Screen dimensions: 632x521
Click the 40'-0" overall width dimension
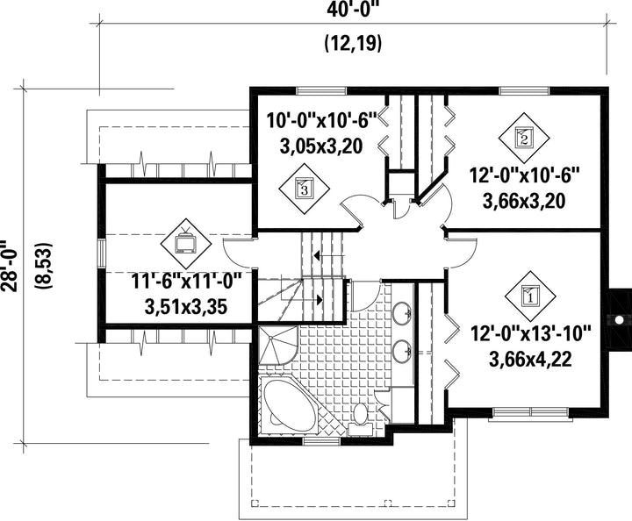tap(354, 10)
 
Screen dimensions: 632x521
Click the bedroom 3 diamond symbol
tap(305, 189)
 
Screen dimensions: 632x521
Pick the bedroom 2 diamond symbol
tap(524, 138)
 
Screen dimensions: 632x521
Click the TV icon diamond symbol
tap(186, 244)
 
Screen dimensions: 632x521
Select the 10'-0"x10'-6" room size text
tap(321, 120)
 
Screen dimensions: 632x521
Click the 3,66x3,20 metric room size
tap(524, 202)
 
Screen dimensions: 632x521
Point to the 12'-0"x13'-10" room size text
tap(530, 333)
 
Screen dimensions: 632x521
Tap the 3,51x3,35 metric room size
tap(186, 307)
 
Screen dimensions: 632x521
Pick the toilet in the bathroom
tap(360, 418)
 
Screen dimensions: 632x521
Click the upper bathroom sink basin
tap(401, 312)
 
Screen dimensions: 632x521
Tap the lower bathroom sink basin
tap(401, 349)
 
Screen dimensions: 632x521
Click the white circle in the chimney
tap(618, 320)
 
